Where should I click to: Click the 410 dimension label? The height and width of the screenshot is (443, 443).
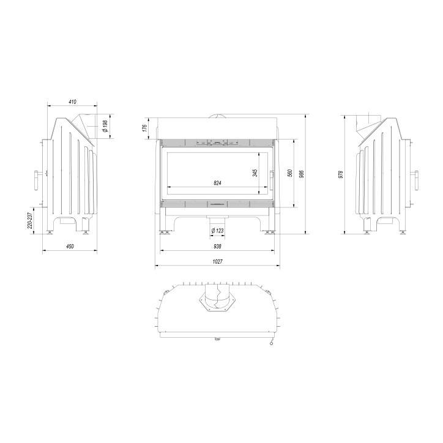(x=72, y=102)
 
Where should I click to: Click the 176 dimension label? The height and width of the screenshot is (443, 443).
(x=144, y=128)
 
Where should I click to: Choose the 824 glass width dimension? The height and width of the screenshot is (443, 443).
(x=217, y=183)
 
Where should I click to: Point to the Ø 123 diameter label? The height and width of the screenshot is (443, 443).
(x=217, y=231)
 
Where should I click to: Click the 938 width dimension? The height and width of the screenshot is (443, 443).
(x=217, y=246)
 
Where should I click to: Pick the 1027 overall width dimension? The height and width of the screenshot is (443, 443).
(x=217, y=262)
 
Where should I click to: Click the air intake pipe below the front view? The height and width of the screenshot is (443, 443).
(x=217, y=218)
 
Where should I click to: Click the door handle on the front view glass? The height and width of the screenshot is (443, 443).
(x=271, y=174)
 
